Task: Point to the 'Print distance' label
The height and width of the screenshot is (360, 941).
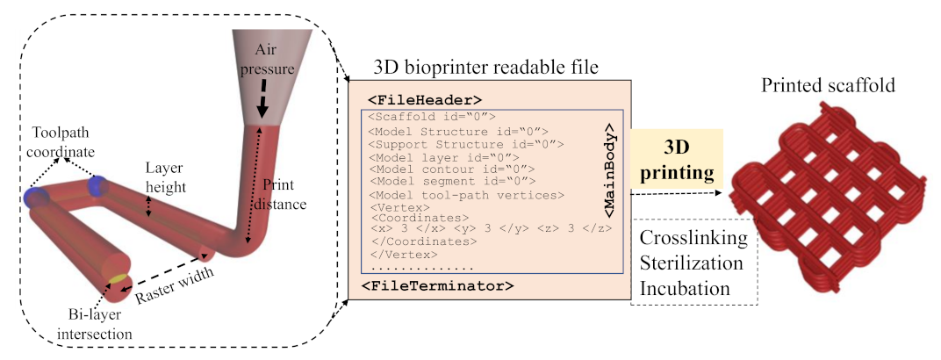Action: (x=284, y=194)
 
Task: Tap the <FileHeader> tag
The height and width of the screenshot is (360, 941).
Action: (x=425, y=98)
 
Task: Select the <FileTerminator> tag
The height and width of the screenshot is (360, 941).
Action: (x=437, y=285)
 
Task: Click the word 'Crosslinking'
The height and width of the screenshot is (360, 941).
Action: (x=693, y=239)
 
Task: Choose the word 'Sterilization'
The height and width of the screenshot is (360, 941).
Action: (x=694, y=263)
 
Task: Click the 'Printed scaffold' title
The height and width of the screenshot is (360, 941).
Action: (x=829, y=86)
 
